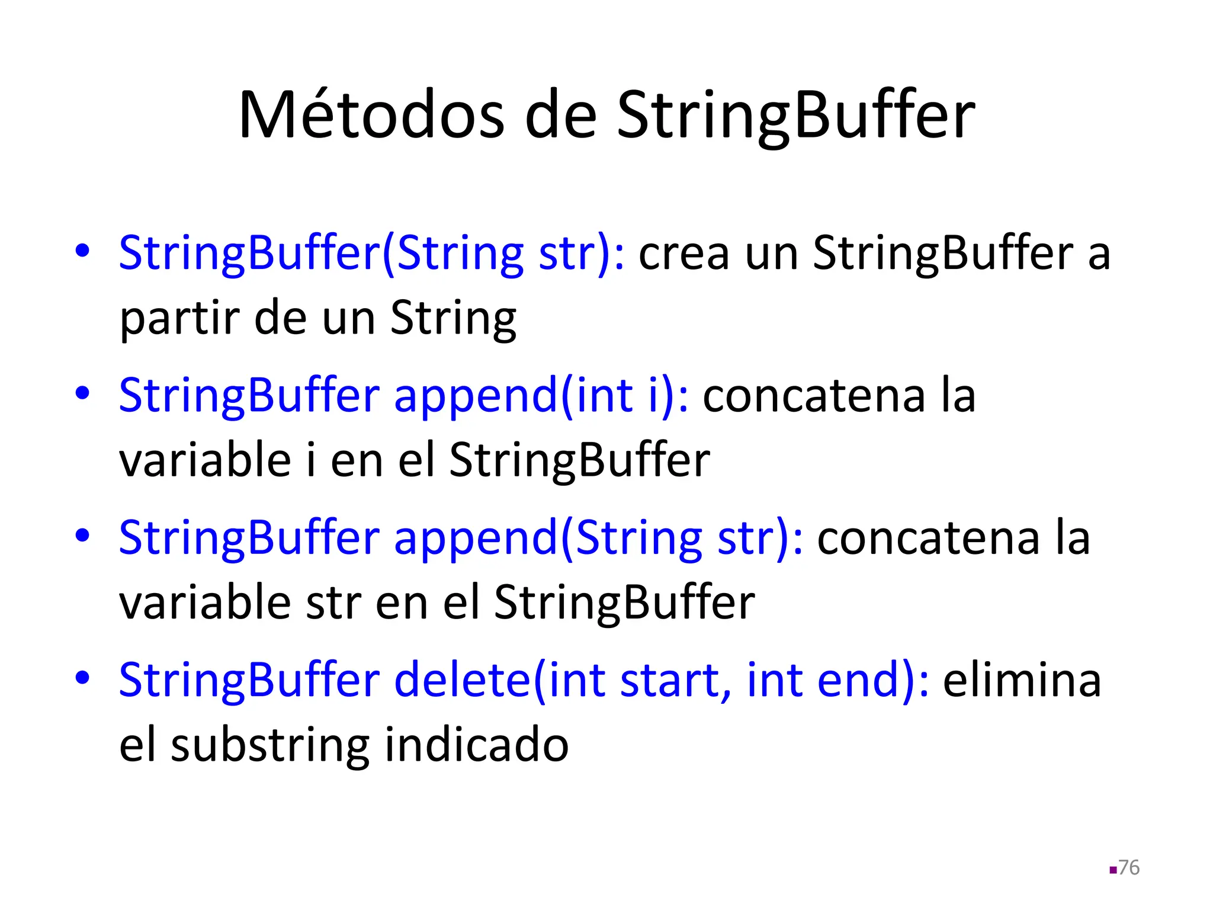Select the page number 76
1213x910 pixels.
pos(1129,867)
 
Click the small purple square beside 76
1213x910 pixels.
pos(1113,870)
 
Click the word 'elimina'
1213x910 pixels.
pos(1022,680)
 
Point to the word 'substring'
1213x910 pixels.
pos(270,745)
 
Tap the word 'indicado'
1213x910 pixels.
pos(477,745)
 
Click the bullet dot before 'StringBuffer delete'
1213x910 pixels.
pos(82,677)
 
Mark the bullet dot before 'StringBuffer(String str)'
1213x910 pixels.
pos(82,250)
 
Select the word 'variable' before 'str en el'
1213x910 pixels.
pos(205,603)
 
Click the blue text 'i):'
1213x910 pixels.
pos(668,396)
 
